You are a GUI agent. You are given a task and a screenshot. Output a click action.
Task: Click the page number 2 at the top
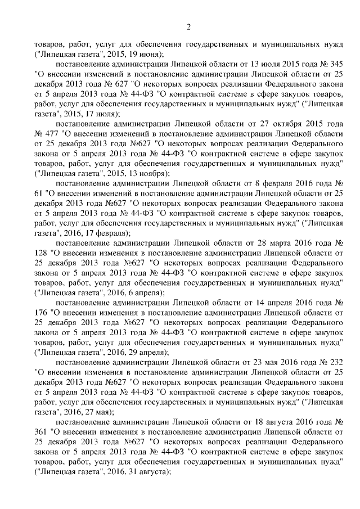pos(189,27)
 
